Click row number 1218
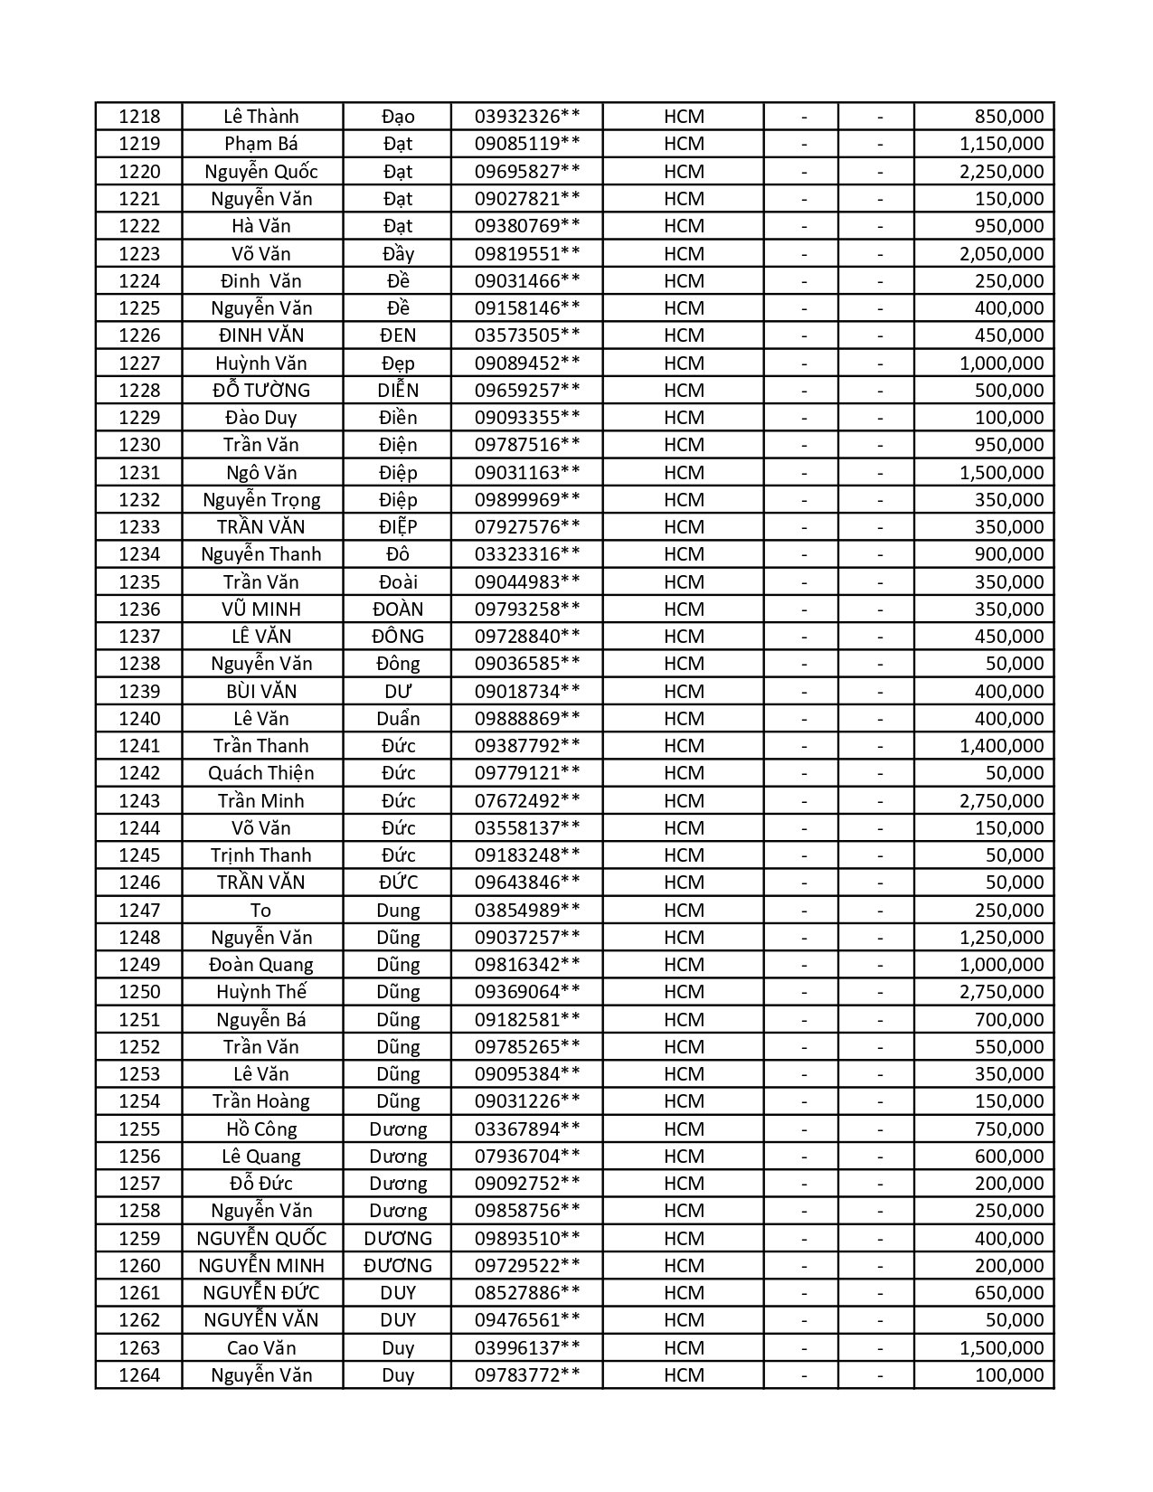point(139,117)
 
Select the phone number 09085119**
point(527,144)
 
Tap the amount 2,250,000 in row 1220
point(1001,172)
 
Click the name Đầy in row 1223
point(398,254)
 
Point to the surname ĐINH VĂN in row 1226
point(261,335)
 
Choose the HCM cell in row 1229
point(684,418)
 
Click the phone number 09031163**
point(527,473)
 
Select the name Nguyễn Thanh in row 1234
point(261,554)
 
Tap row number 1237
point(139,637)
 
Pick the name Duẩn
point(398,719)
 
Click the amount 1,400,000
point(1001,746)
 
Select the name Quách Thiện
point(261,773)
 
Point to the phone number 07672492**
point(527,801)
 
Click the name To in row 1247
point(261,911)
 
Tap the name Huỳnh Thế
point(261,992)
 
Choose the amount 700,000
point(1009,1020)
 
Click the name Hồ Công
point(261,1129)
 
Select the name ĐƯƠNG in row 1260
point(398,1266)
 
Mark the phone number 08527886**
point(527,1293)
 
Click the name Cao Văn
point(261,1348)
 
